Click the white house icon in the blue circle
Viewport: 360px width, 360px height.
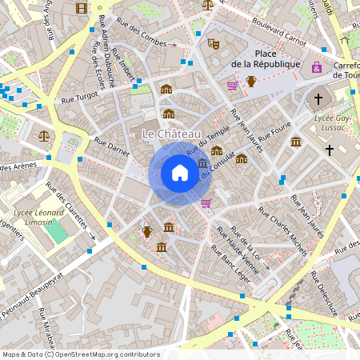(180, 173)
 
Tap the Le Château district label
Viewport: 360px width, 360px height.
(171, 133)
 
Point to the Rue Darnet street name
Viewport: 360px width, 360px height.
(111, 150)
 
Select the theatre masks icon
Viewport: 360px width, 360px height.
(213, 44)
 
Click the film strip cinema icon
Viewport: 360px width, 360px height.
(81, 8)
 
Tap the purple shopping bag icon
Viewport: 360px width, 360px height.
(318, 67)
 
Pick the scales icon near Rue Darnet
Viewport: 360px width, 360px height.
(43, 135)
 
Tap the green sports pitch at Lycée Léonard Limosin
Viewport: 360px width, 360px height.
(56, 232)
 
